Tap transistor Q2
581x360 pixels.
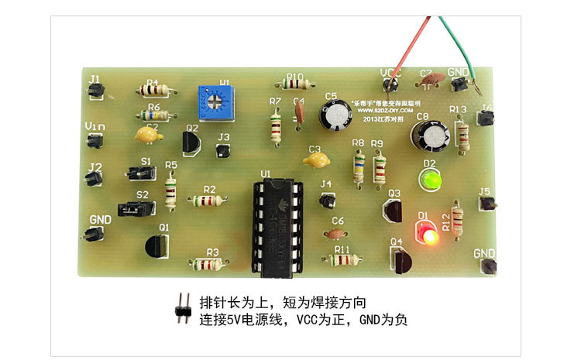[191, 142]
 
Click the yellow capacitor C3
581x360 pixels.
[315, 161]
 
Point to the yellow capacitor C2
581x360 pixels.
[148, 135]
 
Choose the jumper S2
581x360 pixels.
[133, 208]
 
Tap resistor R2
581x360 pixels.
[207, 201]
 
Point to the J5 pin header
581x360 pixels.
[486, 204]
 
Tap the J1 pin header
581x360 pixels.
[96, 91]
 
